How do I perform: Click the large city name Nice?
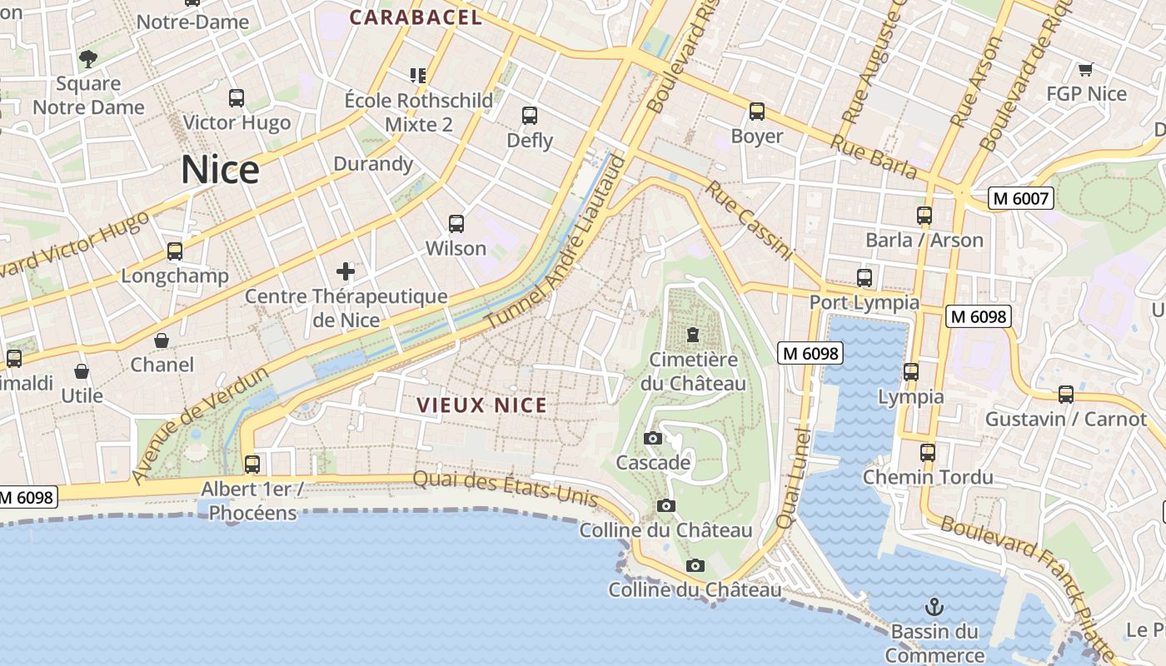click(220, 170)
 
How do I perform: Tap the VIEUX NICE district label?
click(482, 405)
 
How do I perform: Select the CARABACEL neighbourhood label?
click(416, 17)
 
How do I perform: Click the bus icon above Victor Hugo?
click(237, 98)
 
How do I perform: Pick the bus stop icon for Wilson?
click(456, 224)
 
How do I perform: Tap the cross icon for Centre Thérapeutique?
click(346, 271)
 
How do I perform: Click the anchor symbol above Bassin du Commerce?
click(934, 606)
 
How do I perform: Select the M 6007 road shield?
click(1021, 198)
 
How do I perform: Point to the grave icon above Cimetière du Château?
click(692, 335)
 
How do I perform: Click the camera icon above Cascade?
click(653, 438)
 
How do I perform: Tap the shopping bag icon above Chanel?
click(162, 340)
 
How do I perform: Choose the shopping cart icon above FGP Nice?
click(1085, 69)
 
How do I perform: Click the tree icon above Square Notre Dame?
click(88, 58)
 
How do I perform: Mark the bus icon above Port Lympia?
click(865, 278)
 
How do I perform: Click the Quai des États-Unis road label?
click(506, 489)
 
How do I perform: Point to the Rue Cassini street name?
click(750, 221)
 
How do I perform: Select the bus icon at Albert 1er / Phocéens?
click(252, 465)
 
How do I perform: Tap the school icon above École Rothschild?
click(418, 76)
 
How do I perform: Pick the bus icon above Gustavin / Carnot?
click(1066, 395)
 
